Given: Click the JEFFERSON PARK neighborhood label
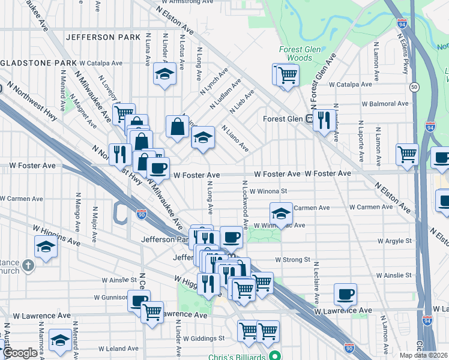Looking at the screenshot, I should coord(98,37).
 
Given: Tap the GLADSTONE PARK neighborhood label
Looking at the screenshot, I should coord(35,62).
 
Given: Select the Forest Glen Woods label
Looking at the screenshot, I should coord(295,54).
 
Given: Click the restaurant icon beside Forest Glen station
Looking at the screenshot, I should coord(324,121).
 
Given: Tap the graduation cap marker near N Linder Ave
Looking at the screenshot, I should coord(164,74).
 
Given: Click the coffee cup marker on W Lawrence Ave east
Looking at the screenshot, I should coord(345,295).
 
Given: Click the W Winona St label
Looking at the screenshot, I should coord(269,192).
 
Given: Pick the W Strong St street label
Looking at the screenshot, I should coord(292,260).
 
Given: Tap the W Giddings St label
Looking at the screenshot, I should coord(204,338).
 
